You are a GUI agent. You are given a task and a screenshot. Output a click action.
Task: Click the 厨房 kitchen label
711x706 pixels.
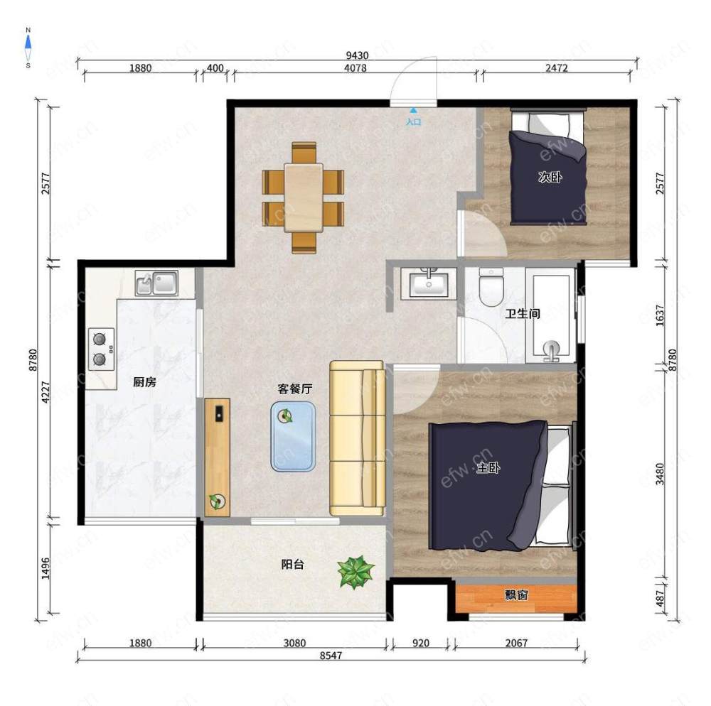pyautogui.click(x=144, y=382)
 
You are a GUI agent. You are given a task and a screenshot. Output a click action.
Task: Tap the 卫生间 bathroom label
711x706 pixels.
pyautogui.click(x=523, y=313)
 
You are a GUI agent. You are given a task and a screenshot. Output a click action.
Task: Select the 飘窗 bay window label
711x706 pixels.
pyautogui.click(x=516, y=594)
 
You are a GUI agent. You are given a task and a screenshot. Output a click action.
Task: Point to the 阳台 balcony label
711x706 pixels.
pyautogui.click(x=292, y=564)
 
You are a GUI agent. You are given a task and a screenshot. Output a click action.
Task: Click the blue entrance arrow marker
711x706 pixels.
pyautogui.click(x=413, y=109)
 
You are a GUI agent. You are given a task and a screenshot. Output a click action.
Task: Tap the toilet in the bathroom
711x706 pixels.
pyautogui.click(x=491, y=287)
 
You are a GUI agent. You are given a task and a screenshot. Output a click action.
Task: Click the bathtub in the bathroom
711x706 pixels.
pyautogui.click(x=551, y=315)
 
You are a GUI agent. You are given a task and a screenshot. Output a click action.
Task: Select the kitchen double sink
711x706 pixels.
pyautogui.click(x=156, y=283)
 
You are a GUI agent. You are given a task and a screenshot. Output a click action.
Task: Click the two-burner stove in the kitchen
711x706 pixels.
pyautogui.click(x=101, y=349)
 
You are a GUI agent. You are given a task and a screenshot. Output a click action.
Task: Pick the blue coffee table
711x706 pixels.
pyautogui.click(x=293, y=437)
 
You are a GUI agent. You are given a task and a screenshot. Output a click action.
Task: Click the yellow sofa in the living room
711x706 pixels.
pyautogui.click(x=358, y=438)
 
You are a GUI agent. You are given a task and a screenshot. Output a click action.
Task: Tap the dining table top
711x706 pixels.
pyautogui.click(x=304, y=197)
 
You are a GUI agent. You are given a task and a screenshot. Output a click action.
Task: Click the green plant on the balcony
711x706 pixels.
pyautogui.click(x=356, y=572)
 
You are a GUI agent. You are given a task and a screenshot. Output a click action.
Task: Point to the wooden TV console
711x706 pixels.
pyautogui.click(x=217, y=457)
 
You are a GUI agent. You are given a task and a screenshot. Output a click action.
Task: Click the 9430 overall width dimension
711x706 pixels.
pyautogui.click(x=358, y=55)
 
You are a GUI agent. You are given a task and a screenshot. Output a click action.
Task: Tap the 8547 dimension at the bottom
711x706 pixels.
pyautogui.click(x=331, y=656)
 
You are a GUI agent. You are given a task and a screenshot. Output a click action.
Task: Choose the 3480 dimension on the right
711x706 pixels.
pyautogui.click(x=661, y=474)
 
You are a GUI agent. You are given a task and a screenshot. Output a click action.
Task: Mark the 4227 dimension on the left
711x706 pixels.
pyautogui.click(x=46, y=392)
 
